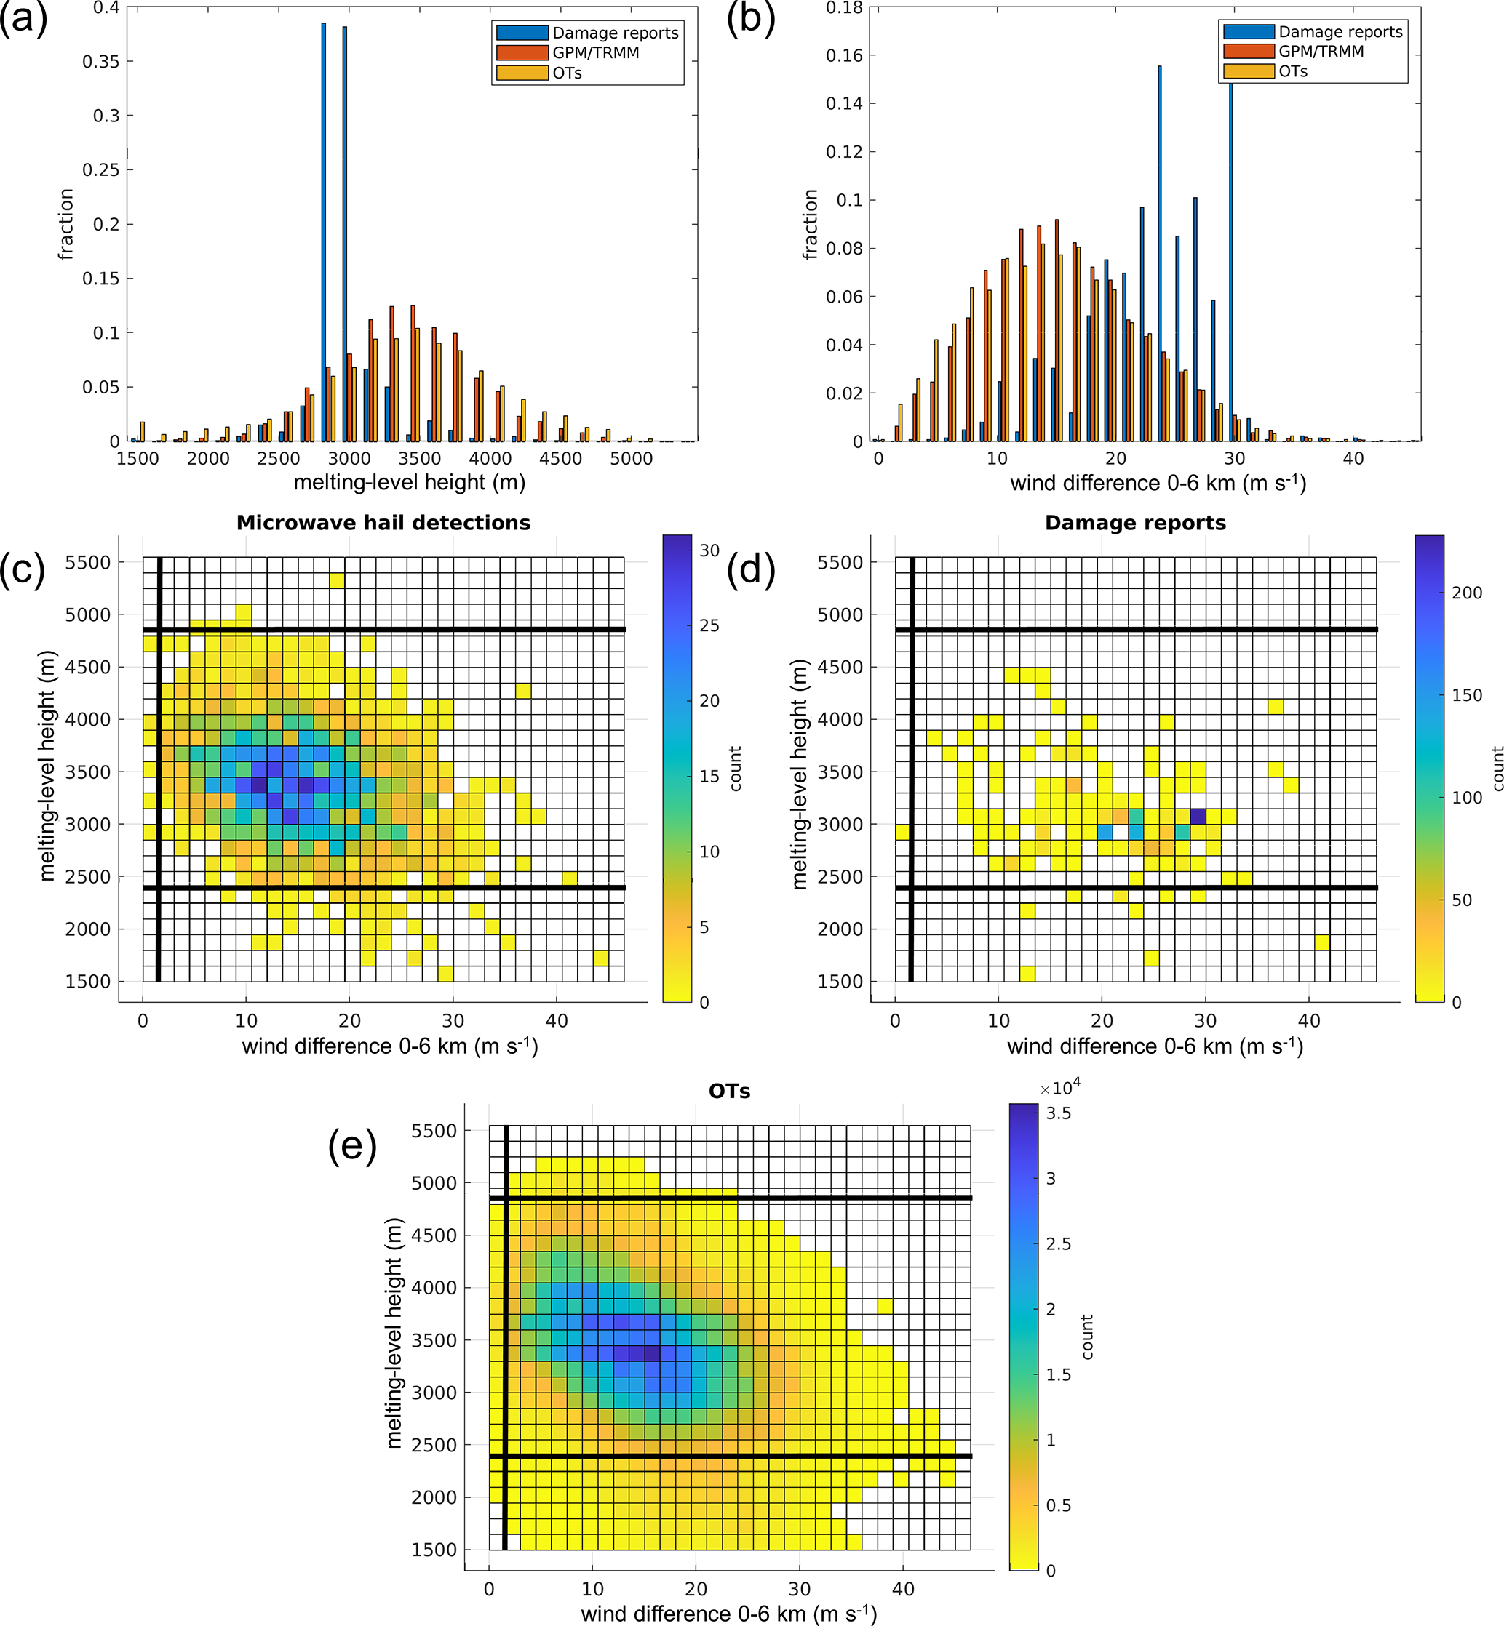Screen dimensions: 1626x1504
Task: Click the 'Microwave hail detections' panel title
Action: coord(383,523)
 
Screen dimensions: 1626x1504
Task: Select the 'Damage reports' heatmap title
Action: coord(1135,523)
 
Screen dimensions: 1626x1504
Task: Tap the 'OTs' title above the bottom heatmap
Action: coord(729,1092)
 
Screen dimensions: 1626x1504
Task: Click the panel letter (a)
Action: coord(23,18)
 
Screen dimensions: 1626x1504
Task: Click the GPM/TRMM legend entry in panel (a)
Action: coord(596,53)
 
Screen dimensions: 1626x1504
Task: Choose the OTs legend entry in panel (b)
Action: coord(1292,71)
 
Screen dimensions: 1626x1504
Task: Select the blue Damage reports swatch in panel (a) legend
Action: coord(522,33)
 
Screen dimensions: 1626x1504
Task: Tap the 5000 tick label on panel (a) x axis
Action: coord(631,459)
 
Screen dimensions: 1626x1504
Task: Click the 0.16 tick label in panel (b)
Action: coord(844,55)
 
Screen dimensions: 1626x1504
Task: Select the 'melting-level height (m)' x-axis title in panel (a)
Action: coord(410,483)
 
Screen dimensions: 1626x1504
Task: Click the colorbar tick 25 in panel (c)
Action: coord(709,625)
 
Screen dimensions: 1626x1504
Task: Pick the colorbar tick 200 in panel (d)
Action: coord(1467,593)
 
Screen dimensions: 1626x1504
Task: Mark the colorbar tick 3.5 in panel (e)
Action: coord(1058,1113)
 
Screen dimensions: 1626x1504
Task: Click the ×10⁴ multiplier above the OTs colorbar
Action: coord(1060,1088)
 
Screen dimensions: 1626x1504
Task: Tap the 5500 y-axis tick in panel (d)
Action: coord(840,563)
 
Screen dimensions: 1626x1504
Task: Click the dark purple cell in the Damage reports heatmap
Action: coord(1198,816)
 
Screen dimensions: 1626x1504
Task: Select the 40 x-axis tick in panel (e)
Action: coord(904,1589)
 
